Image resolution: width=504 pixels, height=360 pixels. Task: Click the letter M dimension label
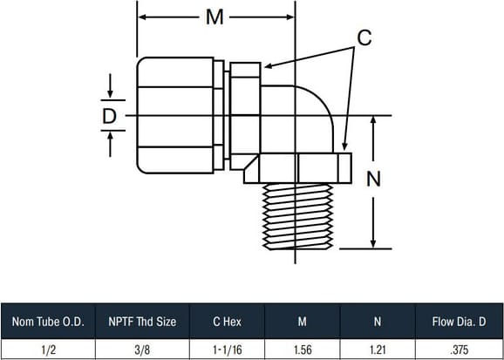(x=215, y=17)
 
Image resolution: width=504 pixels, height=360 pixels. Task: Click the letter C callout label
(x=364, y=38)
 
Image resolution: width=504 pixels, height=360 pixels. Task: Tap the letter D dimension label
(x=109, y=117)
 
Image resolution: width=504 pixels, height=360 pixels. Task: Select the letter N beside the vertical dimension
(x=373, y=179)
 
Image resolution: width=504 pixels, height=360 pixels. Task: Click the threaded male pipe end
(x=297, y=217)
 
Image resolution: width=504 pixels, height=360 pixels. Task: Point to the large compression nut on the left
(x=175, y=115)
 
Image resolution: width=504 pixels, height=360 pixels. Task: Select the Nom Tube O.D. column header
(x=48, y=322)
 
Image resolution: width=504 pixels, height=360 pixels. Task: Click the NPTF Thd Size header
(x=142, y=322)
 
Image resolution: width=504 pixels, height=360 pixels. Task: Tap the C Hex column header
(x=227, y=322)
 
